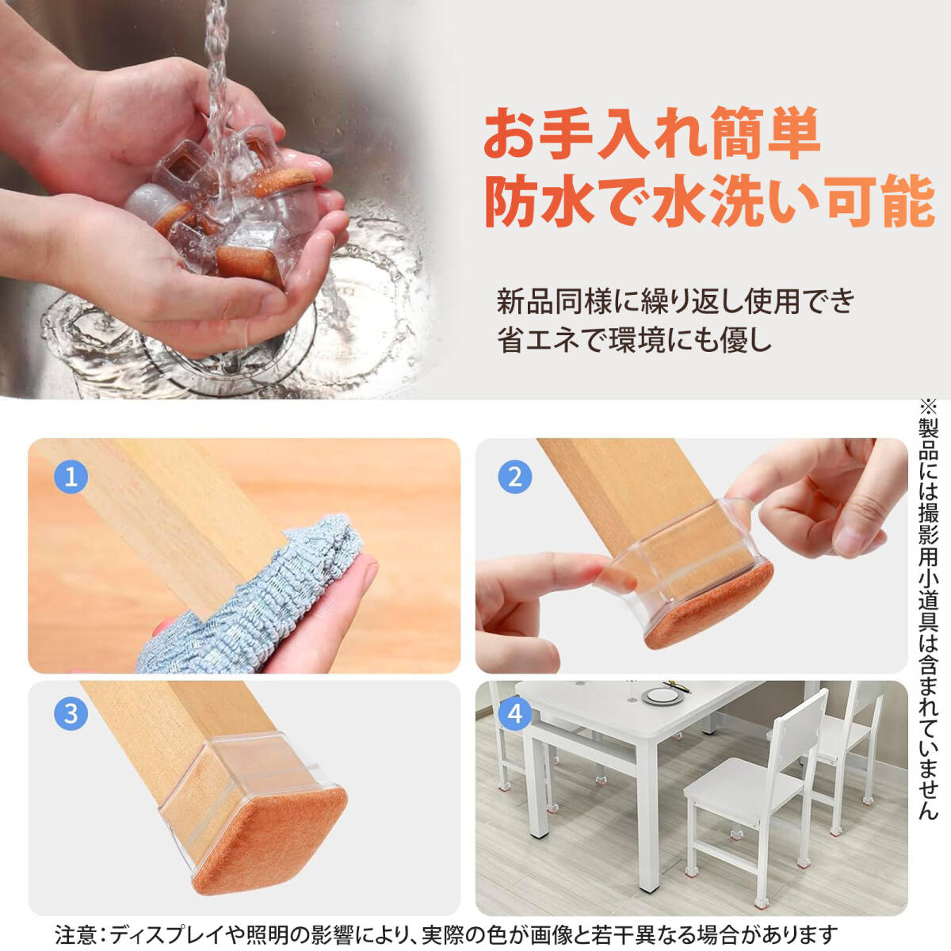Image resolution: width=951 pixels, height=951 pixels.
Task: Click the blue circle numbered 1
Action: (71, 478)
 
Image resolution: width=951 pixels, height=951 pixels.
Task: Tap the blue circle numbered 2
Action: (515, 478)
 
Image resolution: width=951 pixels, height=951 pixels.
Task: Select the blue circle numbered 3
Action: (71, 713)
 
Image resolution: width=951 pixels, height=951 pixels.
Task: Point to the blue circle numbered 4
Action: (515, 713)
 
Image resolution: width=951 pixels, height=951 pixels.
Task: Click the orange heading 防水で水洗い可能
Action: (709, 204)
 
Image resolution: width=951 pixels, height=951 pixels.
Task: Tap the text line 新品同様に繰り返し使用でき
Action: (674, 301)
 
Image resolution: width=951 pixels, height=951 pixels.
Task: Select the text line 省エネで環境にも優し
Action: (634, 340)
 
